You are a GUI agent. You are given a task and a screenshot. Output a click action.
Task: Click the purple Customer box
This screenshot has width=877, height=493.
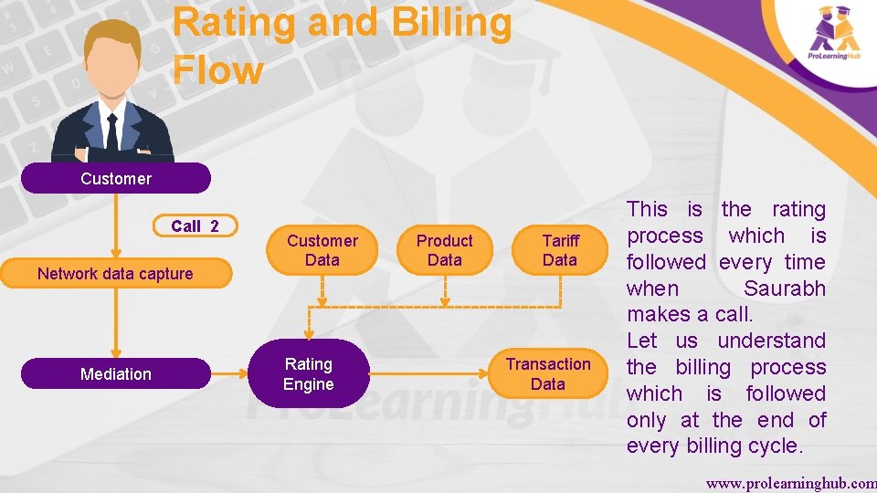click(x=115, y=178)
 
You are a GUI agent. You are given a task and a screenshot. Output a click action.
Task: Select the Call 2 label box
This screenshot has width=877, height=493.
click(x=195, y=226)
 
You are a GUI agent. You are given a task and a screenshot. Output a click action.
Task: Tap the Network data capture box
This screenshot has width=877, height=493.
click(x=115, y=274)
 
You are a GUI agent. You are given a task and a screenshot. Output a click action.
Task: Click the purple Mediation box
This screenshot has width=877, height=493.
click(x=115, y=373)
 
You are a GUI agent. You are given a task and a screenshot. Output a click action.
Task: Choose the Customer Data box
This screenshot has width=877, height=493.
click(x=322, y=250)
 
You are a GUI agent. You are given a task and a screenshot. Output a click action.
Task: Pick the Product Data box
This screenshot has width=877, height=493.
click(x=444, y=250)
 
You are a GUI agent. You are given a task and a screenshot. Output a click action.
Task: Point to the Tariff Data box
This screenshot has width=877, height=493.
click(x=560, y=250)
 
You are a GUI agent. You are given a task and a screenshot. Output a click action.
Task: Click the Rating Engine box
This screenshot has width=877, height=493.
click(x=308, y=373)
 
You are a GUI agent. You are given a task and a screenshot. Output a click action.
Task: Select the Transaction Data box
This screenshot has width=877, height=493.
click(x=548, y=373)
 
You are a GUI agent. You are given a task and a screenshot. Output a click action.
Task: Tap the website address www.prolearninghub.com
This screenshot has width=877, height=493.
click(x=790, y=481)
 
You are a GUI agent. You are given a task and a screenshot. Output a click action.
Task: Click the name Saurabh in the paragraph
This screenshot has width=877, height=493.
click(x=784, y=288)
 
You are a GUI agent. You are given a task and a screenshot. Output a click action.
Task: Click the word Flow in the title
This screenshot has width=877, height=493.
click(x=217, y=69)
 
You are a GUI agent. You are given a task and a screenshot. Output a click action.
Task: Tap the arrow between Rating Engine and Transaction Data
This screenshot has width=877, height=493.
click(x=429, y=373)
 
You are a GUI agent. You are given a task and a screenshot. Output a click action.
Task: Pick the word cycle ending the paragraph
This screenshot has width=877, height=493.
click(x=772, y=446)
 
